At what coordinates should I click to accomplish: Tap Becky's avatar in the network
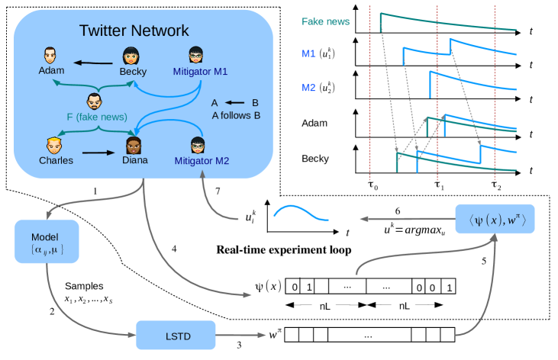click(131, 56)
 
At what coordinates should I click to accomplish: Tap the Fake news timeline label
click(325, 21)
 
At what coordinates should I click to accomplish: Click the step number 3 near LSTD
click(239, 345)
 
